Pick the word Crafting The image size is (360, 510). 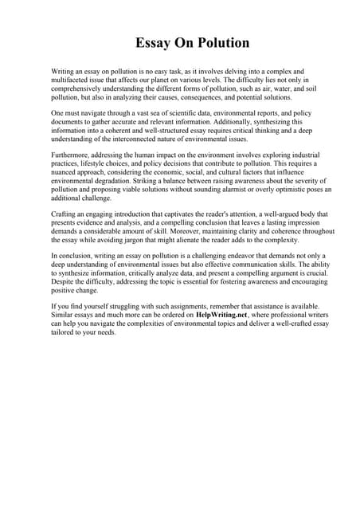[65, 214]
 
